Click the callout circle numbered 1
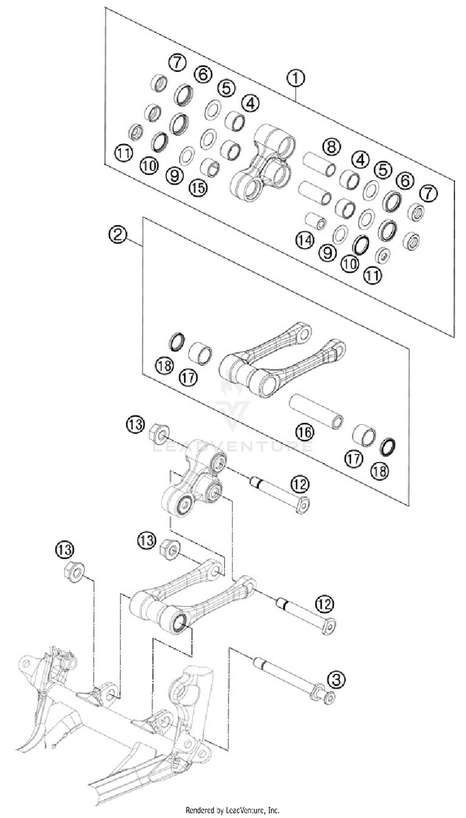click(296, 78)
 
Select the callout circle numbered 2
click(118, 235)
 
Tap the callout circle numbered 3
click(336, 680)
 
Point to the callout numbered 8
click(331, 147)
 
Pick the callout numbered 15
click(198, 188)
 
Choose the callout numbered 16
click(305, 432)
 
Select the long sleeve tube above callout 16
click(316, 411)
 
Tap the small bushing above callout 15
click(210, 167)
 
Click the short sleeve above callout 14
click(315, 220)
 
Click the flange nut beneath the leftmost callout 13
click(74, 572)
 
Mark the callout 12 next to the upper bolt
click(300, 484)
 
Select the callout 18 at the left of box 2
click(165, 365)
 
